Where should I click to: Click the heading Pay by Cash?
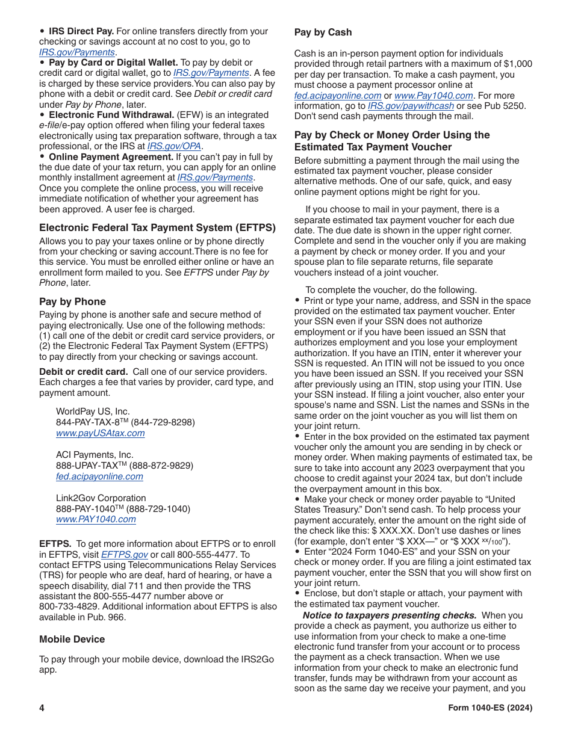(323, 32)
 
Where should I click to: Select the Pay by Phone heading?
(72, 301)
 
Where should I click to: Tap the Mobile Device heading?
(72, 639)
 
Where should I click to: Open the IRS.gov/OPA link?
(175, 146)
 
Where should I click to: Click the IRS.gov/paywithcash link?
(411, 106)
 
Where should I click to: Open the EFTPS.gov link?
(124, 555)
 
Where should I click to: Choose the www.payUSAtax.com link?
(100, 433)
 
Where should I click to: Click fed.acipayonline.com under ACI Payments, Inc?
(99, 476)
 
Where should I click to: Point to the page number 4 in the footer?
(42, 708)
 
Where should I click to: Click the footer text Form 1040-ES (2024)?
(490, 708)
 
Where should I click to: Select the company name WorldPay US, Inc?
(93, 412)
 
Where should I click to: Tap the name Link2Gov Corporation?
(101, 498)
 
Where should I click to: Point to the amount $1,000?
(517, 64)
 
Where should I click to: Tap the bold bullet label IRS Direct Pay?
(81, 31)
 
